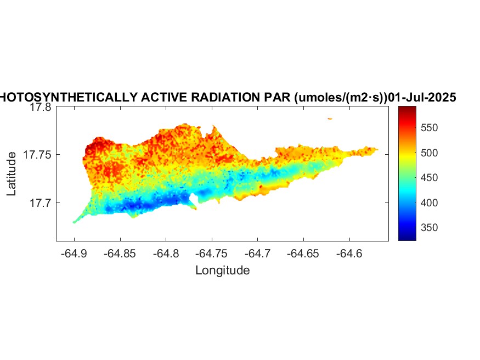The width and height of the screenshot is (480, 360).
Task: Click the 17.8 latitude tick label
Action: coord(40,108)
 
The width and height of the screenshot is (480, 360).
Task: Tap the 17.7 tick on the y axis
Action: coord(40,203)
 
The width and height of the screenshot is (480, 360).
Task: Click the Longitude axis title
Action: coord(222,270)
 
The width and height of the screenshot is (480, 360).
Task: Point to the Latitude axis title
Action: coord(12,175)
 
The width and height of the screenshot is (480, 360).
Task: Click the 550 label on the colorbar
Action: coord(430,128)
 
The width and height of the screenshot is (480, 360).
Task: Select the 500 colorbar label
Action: coord(430,153)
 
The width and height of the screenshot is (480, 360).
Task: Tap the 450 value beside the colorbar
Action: coord(430,178)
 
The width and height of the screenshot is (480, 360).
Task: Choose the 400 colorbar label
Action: coord(430,203)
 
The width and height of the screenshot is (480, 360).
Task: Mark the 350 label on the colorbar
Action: coord(430,228)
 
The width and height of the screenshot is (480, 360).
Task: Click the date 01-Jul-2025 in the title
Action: coord(422,98)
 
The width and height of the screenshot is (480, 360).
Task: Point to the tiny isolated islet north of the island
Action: coord(330,118)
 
